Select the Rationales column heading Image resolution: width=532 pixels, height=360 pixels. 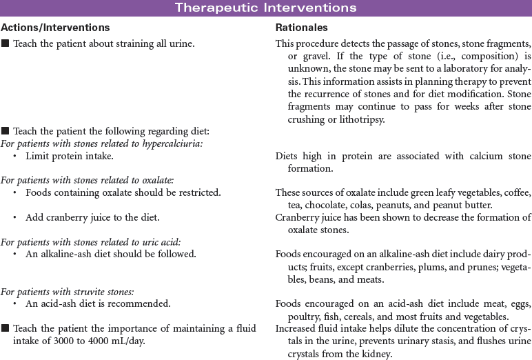point(301,28)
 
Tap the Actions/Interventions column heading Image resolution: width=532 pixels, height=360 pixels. point(55,28)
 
